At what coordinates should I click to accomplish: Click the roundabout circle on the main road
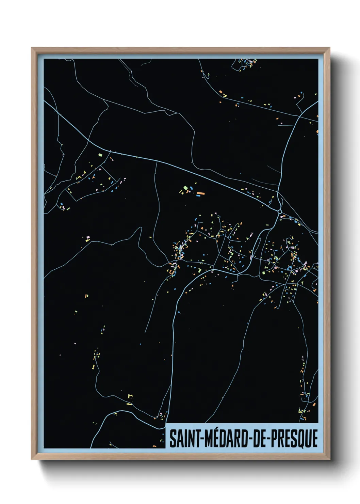pyautogui.click(x=280, y=212)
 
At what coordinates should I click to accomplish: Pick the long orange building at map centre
pyautogui.click(x=201, y=193)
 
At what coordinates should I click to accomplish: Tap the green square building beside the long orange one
pyautogui.click(x=185, y=188)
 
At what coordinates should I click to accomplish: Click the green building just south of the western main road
pyautogui.click(x=100, y=155)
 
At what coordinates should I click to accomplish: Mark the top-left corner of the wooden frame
pyautogui.click(x=32, y=48)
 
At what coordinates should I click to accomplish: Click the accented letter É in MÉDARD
pyautogui.click(x=216, y=439)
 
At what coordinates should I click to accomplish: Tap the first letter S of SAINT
pyautogui.click(x=173, y=439)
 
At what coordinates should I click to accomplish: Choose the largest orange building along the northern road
pyautogui.click(x=220, y=92)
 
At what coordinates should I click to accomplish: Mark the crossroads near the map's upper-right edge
pyautogui.click(x=299, y=116)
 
